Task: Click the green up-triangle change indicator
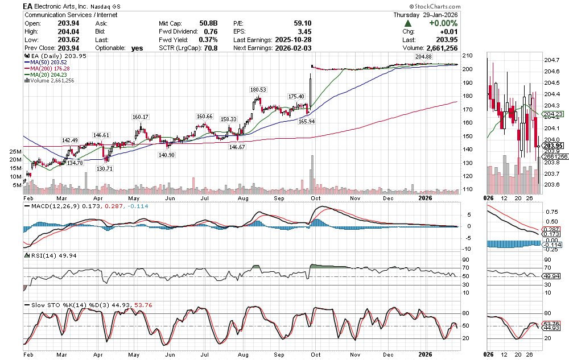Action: click(x=408, y=23)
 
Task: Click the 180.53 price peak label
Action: click(x=258, y=90)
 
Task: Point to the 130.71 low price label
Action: click(x=105, y=168)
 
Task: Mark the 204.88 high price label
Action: click(x=424, y=57)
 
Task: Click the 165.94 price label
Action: click(x=307, y=121)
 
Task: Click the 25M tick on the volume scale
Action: click(x=15, y=152)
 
